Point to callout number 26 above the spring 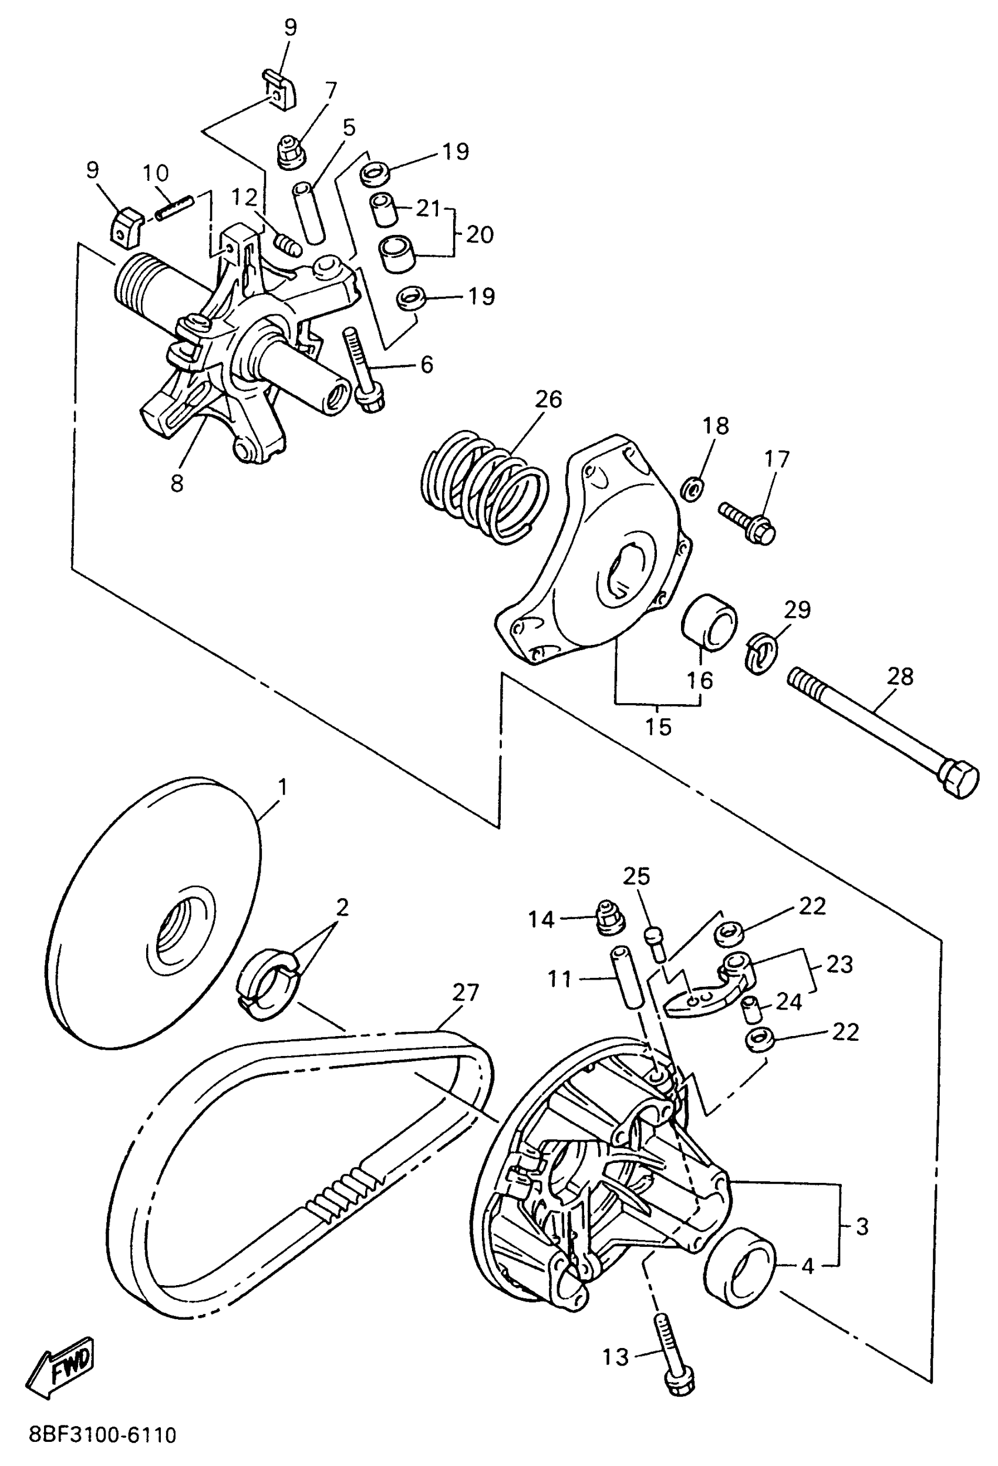coord(548,399)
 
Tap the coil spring coord(484,486)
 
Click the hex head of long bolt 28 coord(957,781)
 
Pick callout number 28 coord(899,677)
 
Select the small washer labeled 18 coord(693,487)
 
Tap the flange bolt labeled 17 coord(748,522)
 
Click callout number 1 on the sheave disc coord(282,787)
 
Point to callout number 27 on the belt coord(466,992)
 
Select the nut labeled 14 coord(606,919)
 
